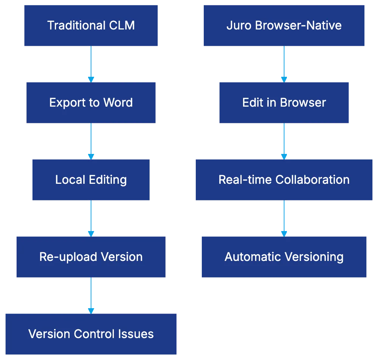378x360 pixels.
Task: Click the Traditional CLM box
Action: click(91, 26)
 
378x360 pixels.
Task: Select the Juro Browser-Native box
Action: click(284, 26)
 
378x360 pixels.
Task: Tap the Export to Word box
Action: click(91, 103)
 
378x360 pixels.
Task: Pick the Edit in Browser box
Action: click(284, 103)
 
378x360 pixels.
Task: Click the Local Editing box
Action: click(91, 180)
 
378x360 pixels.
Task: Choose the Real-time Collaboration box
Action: click(284, 180)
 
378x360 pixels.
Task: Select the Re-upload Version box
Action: click(91, 257)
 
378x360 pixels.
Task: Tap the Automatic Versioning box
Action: click(284, 257)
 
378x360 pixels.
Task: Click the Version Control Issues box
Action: click(91, 334)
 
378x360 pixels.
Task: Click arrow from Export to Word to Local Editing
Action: click(91, 141)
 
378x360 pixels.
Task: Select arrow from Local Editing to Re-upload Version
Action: click(91, 218)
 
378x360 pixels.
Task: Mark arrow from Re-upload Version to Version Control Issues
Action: click(91, 295)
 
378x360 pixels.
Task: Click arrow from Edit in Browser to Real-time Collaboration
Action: click(284, 141)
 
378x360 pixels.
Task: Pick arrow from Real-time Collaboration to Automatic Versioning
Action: click(284, 218)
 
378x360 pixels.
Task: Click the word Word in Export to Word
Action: click(119, 103)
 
